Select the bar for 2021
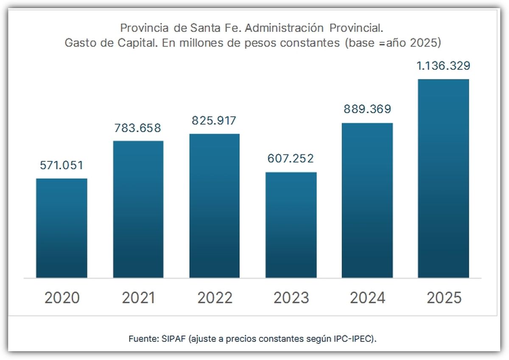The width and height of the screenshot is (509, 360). [138, 209]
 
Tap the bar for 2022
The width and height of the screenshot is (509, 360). [214, 206]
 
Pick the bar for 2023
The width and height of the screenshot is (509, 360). [291, 225]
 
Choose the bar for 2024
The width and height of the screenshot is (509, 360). [367, 201]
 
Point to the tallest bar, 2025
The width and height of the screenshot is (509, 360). [444, 179]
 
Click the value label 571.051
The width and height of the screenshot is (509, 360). [62, 165]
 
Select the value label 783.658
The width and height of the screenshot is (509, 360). [138, 128]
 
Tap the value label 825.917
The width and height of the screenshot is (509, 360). [214, 121]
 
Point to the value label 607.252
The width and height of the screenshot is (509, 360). [291, 159]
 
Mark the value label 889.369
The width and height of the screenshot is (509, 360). [367, 109]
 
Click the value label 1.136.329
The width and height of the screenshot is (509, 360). [443, 66]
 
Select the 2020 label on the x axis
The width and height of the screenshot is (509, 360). [62, 298]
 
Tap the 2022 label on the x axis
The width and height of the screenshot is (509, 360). [215, 298]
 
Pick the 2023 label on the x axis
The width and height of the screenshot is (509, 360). [291, 298]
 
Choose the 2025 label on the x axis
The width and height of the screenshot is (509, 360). [444, 298]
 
